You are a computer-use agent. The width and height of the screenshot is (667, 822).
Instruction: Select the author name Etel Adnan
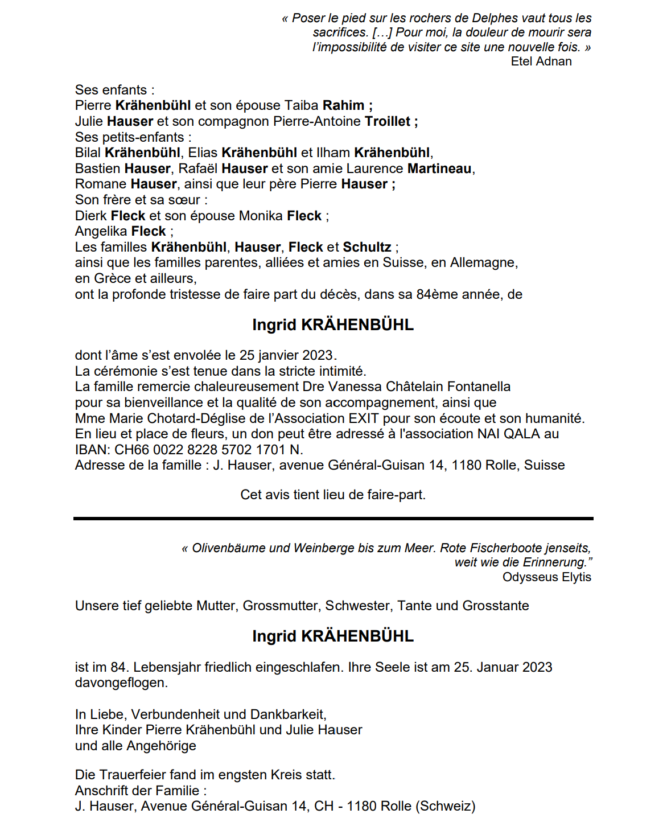click(541, 61)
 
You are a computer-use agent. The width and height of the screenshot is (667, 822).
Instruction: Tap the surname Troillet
click(388, 121)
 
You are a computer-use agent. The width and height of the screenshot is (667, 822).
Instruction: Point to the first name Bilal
click(88, 153)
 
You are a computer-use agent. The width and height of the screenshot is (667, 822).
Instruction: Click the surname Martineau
click(439, 168)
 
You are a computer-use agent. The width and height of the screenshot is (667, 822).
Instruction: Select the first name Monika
click(261, 216)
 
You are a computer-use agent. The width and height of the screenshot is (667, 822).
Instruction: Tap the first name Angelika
click(101, 231)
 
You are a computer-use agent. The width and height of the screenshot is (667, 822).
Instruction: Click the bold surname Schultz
click(367, 247)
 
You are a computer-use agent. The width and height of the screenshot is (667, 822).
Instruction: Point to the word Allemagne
click(483, 262)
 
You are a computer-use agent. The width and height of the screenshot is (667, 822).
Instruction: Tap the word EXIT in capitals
click(364, 418)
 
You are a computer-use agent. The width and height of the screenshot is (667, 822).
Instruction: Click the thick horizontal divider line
click(333, 519)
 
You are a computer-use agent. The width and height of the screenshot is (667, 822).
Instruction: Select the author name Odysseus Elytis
click(546, 577)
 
